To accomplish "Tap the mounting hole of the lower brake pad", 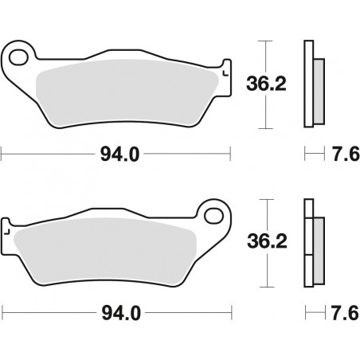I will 212,215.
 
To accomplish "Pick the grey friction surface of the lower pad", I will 112,251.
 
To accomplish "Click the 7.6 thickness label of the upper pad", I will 341,155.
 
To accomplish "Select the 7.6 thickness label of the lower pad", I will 341,315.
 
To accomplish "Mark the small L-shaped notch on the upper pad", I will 225,73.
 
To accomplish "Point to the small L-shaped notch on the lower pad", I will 7,232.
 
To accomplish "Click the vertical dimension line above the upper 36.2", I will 265,56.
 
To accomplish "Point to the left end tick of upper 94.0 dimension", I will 2,155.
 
